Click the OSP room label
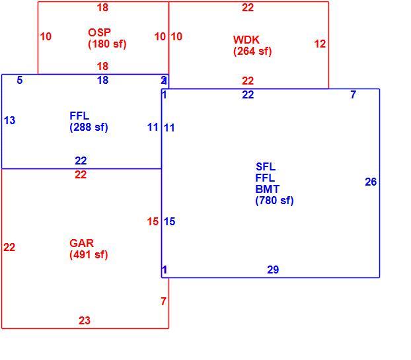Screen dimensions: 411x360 tap(99, 32)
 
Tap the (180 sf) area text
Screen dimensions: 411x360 tap(107, 44)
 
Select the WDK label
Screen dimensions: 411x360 tap(246, 40)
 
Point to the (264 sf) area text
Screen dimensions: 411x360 tap(252, 51)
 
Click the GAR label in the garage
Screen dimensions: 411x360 tap(81, 243)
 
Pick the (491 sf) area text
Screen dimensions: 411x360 tap(89, 255)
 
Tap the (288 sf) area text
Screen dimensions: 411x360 tap(89, 127)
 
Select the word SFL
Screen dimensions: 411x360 tap(266, 166)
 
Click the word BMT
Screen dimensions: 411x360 tap(268, 189)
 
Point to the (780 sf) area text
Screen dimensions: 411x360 tap(274, 201)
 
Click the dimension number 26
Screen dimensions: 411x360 tap(371, 182)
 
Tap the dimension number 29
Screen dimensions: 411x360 tap(273, 270)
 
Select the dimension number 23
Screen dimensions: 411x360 tap(85, 320)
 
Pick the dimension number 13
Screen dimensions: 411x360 tap(9, 120)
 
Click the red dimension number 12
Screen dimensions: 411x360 tap(320, 44)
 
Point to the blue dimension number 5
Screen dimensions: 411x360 tap(20, 80)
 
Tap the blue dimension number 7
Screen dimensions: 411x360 tap(354, 94)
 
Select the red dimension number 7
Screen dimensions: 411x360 tap(164, 301)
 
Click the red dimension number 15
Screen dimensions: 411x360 tap(153, 222)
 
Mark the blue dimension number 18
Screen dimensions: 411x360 tap(102, 80)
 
